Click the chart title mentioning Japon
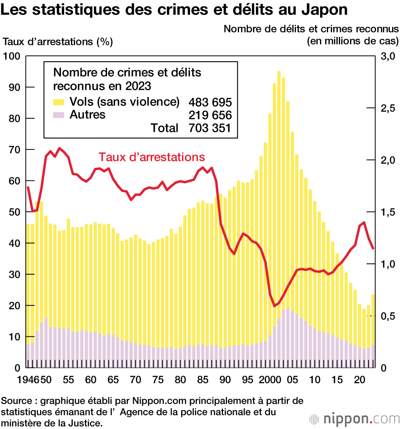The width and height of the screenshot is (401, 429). click(x=174, y=10)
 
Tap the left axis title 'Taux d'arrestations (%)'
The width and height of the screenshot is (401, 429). click(x=58, y=41)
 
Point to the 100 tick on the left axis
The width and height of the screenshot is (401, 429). click(x=12, y=56)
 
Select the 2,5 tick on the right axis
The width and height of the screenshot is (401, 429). click(x=387, y=108)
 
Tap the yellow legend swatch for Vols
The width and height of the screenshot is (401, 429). click(x=59, y=101)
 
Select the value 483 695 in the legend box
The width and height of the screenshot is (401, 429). click(x=210, y=102)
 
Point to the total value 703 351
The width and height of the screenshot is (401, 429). click(x=210, y=128)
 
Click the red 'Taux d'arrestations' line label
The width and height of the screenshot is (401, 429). click(x=152, y=157)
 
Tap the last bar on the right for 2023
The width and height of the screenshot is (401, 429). click(x=373, y=329)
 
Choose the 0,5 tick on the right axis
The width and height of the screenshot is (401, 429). click(x=387, y=316)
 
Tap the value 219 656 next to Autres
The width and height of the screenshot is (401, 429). click(x=210, y=115)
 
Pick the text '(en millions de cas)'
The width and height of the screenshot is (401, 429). click(x=352, y=41)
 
